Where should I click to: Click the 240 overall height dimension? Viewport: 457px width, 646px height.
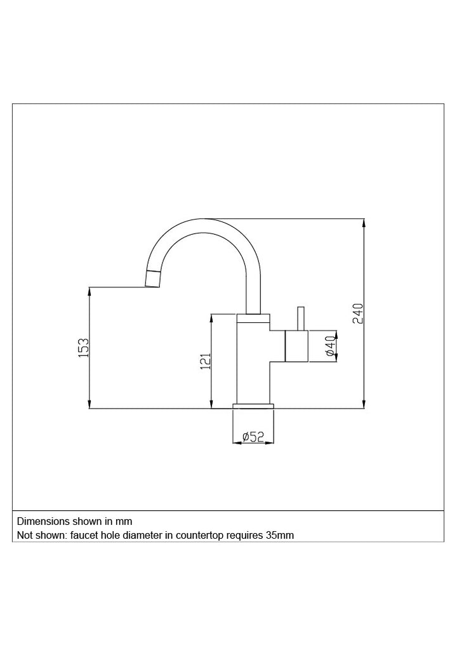[x=359, y=313]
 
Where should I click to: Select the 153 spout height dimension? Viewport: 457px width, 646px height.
[x=84, y=347]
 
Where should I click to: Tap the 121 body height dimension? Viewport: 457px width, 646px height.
[x=206, y=361]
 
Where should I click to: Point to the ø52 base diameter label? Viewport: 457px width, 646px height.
[x=253, y=437]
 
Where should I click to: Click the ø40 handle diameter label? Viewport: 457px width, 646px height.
[x=331, y=346]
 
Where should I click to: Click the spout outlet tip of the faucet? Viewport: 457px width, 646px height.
[x=152, y=279]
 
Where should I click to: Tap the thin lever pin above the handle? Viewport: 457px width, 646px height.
[x=301, y=319]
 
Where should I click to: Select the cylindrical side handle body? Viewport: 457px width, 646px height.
[x=296, y=346]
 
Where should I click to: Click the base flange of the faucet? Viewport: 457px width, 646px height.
[x=253, y=406]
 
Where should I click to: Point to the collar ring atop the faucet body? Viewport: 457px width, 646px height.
[x=253, y=318]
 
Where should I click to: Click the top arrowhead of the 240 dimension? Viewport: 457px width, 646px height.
[x=364, y=223]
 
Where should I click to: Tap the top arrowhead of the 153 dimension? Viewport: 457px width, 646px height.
[x=89, y=291]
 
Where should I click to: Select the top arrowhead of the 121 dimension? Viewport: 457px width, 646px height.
[x=211, y=319]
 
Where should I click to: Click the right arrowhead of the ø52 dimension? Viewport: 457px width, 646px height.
[x=270, y=443]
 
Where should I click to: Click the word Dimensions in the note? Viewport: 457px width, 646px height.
[x=43, y=521]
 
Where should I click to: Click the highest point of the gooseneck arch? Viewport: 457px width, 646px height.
[x=204, y=219]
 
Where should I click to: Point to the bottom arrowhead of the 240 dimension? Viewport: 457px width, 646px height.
[x=364, y=404]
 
